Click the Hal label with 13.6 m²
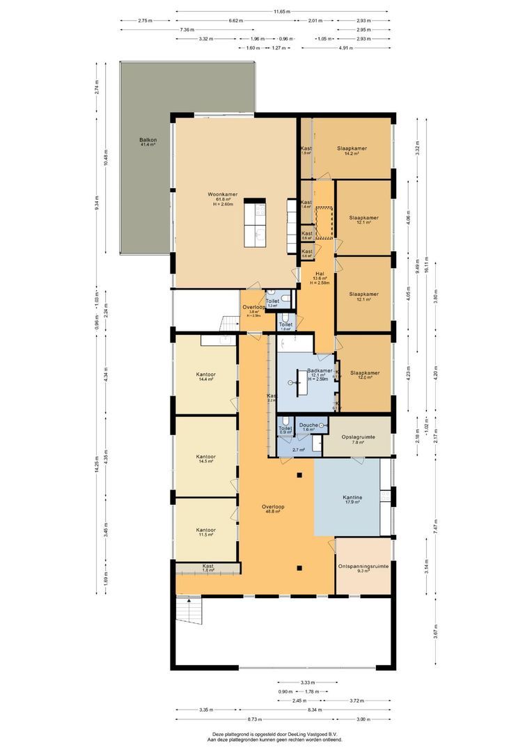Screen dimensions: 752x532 pos(320,274)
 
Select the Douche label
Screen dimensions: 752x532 pos(308,425)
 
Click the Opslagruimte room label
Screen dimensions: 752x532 pos(359,437)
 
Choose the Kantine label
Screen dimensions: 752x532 pos(352,498)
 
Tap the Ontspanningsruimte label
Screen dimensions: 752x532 pos(363,567)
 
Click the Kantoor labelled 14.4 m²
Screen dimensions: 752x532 pos(205,375)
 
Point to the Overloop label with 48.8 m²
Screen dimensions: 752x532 pos(271,507)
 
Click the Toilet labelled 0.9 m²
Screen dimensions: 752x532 pos(285,429)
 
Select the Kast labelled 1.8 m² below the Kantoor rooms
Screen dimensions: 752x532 pos(208,567)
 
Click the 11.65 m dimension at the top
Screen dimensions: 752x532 pos(282,11)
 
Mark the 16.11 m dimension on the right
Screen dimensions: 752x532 pos(417,265)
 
